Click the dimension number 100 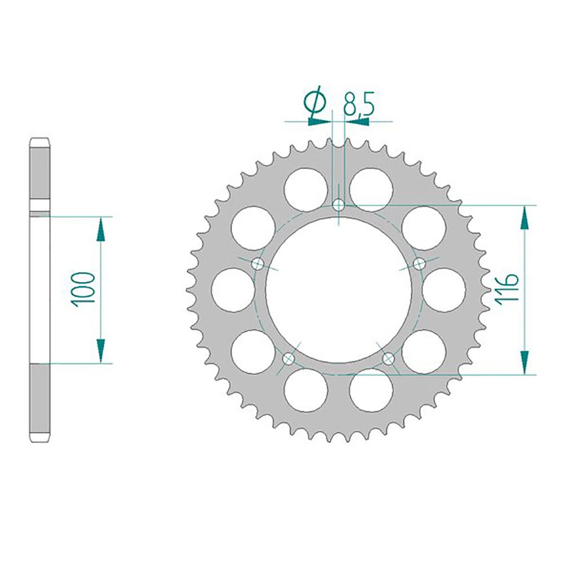pyautogui.click(x=83, y=288)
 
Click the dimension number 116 pyautogui.click(x=507, y=288)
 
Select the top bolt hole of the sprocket pyautogui.click(x=338, y=205)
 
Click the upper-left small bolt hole pyautogui.click(x=258, y=263)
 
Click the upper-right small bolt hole pyautogui.click(x=419, y=263)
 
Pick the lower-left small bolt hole pyautogui.click(x=288, y=358)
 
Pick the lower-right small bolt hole pyautogui.click(x=388, y=358)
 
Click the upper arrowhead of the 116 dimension pyautogui.click(x=525, y=217)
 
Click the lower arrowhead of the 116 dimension pyautogui.click(x=525, y=362)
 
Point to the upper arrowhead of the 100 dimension pyautogui.click(x=101, y=229)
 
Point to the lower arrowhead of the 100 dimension pyautogui.click(x=101, y=350)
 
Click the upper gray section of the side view pyautogui.click(x=39, y=172)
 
